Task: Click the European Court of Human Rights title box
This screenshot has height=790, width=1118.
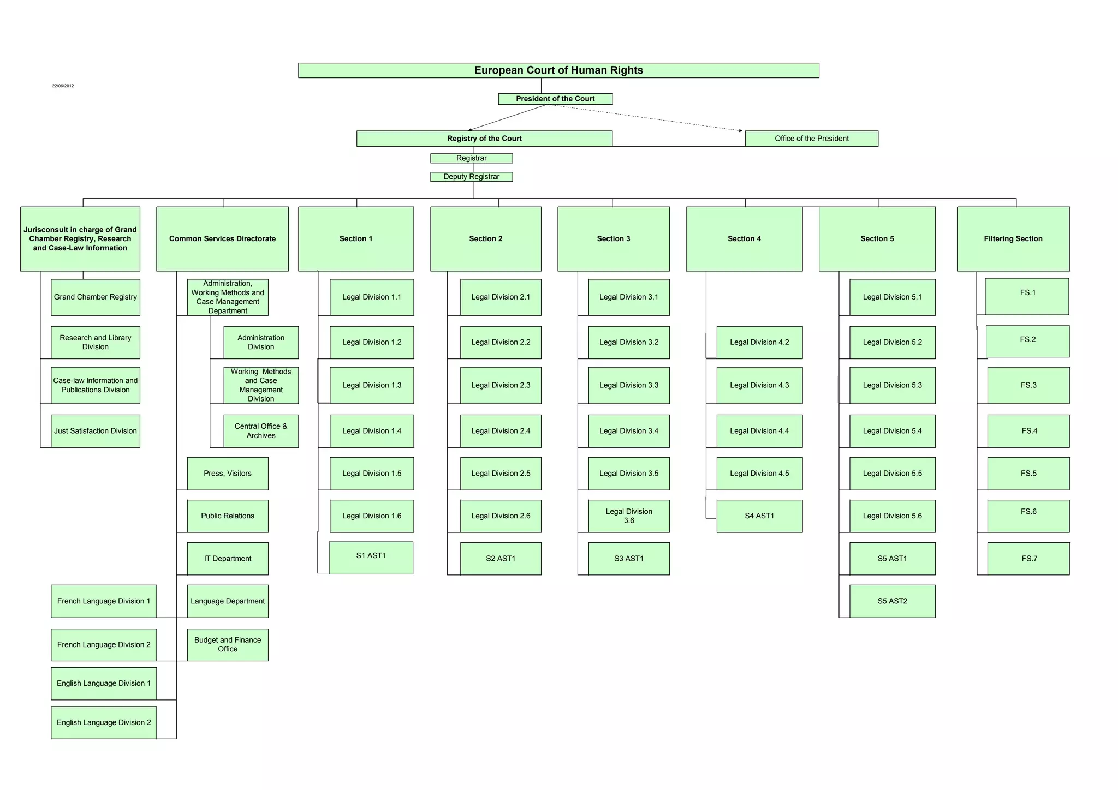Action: pos(558,70)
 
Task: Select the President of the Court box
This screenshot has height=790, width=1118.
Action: pos(555,99)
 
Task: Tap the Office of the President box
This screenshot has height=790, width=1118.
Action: pos(811,139)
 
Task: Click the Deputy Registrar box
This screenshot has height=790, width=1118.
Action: pos(471,177)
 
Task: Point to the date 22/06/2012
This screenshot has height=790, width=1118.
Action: pos(63,86)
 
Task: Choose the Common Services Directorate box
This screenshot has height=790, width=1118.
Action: pos(222,239)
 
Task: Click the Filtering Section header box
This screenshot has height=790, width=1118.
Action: pos(1013,239)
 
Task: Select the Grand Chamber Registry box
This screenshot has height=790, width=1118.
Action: pos(96,297)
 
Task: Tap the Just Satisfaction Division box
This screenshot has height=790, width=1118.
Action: pos(96,431)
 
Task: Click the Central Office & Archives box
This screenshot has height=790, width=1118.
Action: pos(261,431)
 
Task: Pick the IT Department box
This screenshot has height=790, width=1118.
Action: pos(228,559)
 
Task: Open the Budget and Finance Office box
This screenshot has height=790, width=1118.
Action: pos(228,645)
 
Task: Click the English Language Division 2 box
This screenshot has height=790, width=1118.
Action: pos(104,723)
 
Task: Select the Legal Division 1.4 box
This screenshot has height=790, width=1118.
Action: pos(372,431)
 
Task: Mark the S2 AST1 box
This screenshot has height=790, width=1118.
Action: pos(501,559)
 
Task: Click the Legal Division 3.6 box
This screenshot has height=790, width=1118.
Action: pos(629,516)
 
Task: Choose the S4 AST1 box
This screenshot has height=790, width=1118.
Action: pos(759,516)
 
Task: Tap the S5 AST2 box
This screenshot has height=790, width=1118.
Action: pos(892,601)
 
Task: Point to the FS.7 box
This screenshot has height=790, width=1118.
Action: pos(1028,559)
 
